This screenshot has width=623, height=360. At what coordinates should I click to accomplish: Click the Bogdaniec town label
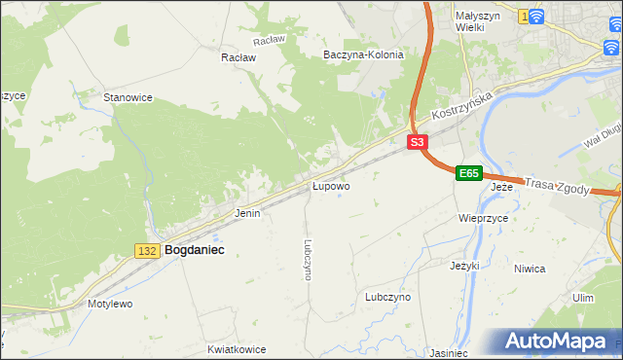point(195,250)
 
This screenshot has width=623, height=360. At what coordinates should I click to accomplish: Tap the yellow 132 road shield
point(147,251)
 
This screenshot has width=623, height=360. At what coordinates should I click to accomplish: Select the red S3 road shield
point(417,142)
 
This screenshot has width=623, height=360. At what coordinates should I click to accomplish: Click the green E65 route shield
point(468,173)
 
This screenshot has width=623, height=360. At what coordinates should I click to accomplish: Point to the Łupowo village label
point(331,185)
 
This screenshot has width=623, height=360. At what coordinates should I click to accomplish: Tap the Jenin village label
point(247,212)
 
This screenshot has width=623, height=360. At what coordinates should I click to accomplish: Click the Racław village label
point(238,57)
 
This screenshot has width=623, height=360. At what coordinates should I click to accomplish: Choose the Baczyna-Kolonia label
point(363,55)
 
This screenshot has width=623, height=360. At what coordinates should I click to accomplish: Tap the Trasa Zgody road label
point(557,185)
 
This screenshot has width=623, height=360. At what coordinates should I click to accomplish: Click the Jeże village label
point(501,186)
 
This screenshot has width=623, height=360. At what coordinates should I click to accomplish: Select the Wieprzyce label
point(484,219)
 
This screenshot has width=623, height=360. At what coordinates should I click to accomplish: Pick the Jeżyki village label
point(466,265)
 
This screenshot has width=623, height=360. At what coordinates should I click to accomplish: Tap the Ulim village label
point(583,298)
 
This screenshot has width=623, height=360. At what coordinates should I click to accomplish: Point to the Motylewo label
point(110,304)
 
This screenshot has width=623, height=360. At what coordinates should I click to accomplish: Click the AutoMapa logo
point(560,342)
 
